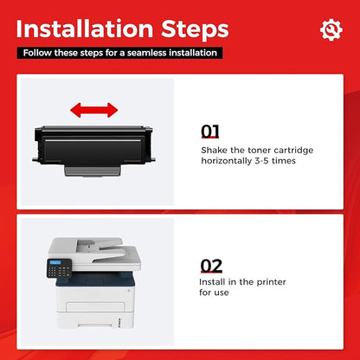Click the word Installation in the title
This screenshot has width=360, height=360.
(84, 29)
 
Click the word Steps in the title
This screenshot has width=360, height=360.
(195, 30)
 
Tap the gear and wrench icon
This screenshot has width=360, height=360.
(331, 29)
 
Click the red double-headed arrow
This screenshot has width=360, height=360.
(94, 110)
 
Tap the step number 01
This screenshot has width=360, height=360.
(209, 132)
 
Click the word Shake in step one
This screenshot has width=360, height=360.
(215, 151)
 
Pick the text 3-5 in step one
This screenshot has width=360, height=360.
(261, 161)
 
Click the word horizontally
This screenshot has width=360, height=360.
(227, 161)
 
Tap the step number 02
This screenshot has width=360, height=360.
(211, 266)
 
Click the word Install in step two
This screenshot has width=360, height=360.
(212, 282)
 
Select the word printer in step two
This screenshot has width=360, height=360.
(271, 282)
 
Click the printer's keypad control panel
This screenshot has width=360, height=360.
(59, 268)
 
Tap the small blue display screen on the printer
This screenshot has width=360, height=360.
(55, 262)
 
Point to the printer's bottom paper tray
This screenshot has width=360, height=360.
(95, 320)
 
